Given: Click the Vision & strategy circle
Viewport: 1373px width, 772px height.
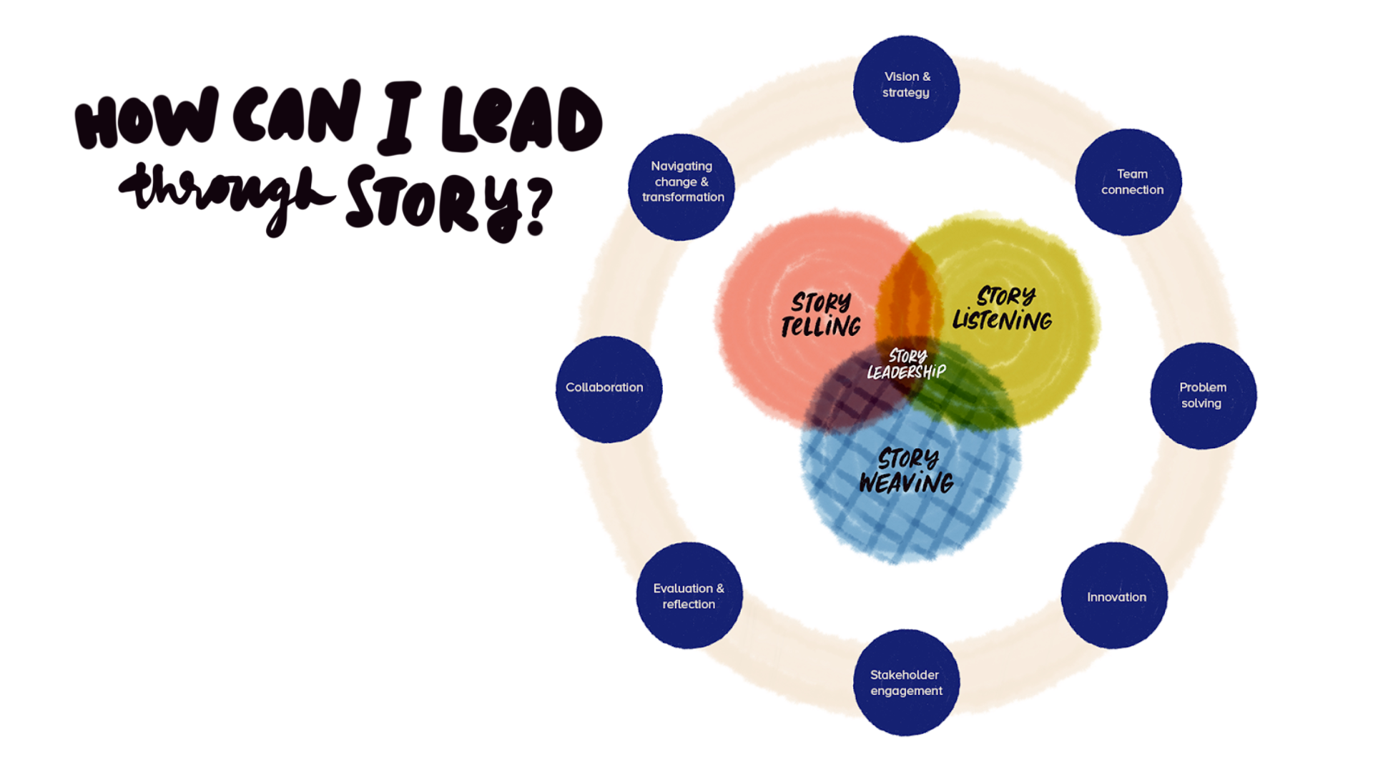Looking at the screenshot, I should coord(906,88).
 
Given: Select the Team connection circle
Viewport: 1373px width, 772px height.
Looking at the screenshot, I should coord(1128,182).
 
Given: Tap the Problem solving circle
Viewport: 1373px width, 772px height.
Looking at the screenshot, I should coord(1203,395).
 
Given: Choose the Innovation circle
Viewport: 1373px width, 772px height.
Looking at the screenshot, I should coord(1114,595).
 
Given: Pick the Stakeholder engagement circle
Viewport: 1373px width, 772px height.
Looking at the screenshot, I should coord(906,682).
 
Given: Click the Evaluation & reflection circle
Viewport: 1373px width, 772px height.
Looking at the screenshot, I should coord(689,595).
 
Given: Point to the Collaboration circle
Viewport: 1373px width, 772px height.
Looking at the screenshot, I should coord(609,389).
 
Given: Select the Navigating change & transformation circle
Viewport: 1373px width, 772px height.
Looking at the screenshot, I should coord(681,187).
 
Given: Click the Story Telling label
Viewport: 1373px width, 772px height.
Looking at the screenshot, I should coord(821,315).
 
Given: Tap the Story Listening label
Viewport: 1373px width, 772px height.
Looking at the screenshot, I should coord(1003,309).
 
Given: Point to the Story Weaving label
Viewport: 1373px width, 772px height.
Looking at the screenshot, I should coord(907,471).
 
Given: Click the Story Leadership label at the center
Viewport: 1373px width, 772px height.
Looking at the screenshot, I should coord(906,365).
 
